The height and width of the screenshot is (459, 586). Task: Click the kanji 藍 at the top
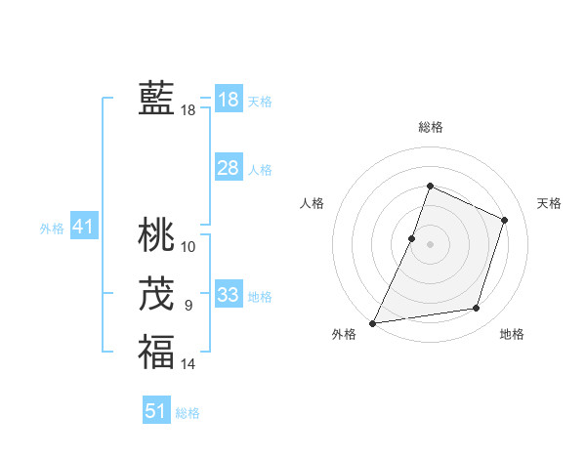click(156, 99)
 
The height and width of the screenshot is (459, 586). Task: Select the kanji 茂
click(156, 294)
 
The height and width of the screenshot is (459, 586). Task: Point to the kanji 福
click(156, 353)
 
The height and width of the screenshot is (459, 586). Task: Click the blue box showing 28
click(228, 168)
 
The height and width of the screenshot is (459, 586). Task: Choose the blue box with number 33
click(228, 295)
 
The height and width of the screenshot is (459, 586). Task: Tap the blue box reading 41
click(82, 228)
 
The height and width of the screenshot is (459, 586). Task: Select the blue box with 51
click(156, 411)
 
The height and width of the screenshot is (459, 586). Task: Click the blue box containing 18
click(228, 100)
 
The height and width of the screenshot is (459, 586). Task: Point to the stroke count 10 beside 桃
click(188, 246)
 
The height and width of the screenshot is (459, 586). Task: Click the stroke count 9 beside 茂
click(188, 306)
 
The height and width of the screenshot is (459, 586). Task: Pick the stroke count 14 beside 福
click(188, 364)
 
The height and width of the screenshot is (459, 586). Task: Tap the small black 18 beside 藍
click(188, 110)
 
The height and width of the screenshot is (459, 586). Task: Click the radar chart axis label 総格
click(430, 127)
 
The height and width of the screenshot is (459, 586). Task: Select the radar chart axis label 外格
click(344, 335)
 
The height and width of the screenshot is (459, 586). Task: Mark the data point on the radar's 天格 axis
click(505, 220)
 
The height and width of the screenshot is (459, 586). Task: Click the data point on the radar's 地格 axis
click(477, 309)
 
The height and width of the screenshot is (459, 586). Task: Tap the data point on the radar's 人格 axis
click(412, 238)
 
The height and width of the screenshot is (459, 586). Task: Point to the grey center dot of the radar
click(430, 244)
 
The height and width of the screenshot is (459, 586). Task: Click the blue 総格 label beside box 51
click(188, 413)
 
